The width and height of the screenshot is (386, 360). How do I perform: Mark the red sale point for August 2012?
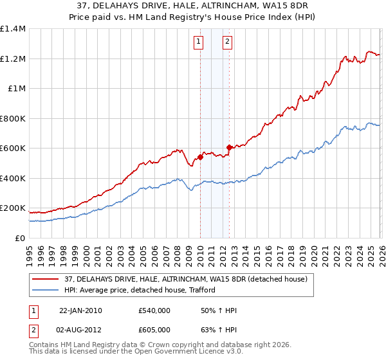pos(229,148)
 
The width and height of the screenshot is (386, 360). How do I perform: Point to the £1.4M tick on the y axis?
pos(13,29)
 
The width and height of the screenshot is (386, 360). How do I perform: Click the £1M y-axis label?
pos(15,89)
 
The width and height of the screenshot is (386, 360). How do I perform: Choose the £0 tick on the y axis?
pos(19,238)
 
